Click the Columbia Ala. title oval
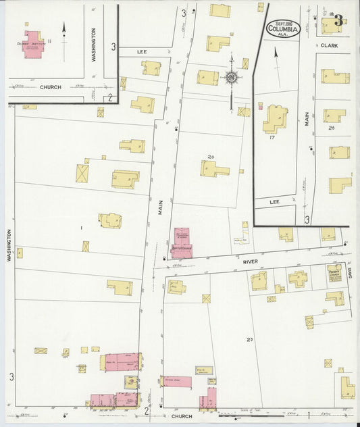pos(283,28)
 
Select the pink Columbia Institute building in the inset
pos(34,43)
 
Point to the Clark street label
pos(329,46)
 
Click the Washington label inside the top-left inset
pos(94,45)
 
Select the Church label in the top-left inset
pos(50,87)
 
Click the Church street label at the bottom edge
pos(182,417)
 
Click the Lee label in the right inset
pos(274,201)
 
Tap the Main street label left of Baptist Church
pos(161,206)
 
